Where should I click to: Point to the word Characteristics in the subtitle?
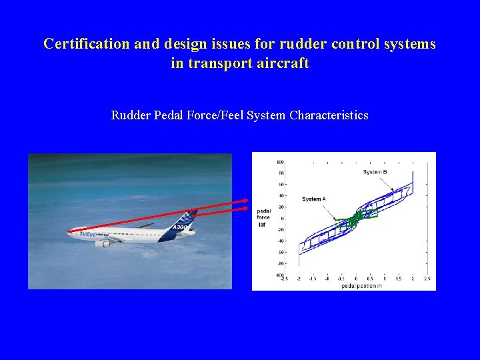pyautogui.click(x=329, y=115)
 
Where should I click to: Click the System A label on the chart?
pyautogui.click(x=313, y=199)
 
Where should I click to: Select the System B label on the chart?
pyautogui.click(x=375, y=172)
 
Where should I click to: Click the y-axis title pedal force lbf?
pyautogui.click(x=263, y=217)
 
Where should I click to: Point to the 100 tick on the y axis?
pyautogui.click(x=281, y=162)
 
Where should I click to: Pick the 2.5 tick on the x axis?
pyautogui.click(x=427, y=279)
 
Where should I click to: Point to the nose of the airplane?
pyautogui.click(x=69, y=232)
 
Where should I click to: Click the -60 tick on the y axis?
pyautogui.click(x=281, y=252)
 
